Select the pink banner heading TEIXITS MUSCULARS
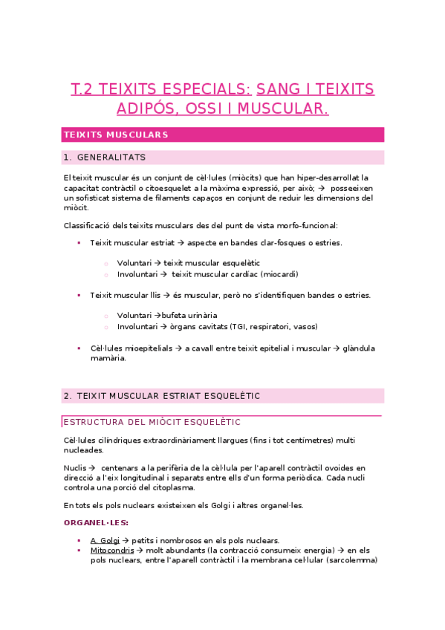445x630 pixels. (117, 134)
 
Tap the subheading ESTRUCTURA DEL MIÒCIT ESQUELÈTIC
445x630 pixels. (152, 423)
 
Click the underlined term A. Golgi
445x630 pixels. (105, 540)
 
